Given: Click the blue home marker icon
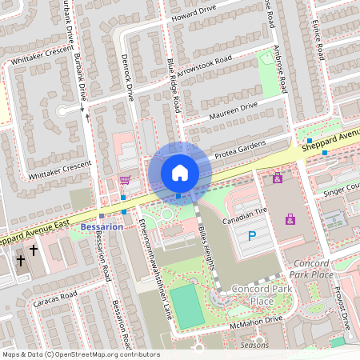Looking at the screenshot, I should (x=180, y=172).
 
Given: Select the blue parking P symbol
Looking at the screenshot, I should (x=252, y=236).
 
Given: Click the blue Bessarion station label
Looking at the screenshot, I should (x=102, y=227).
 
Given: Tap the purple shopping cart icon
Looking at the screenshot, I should (x=124, y=180).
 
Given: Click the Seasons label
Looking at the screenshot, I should (x=254, y=346).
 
